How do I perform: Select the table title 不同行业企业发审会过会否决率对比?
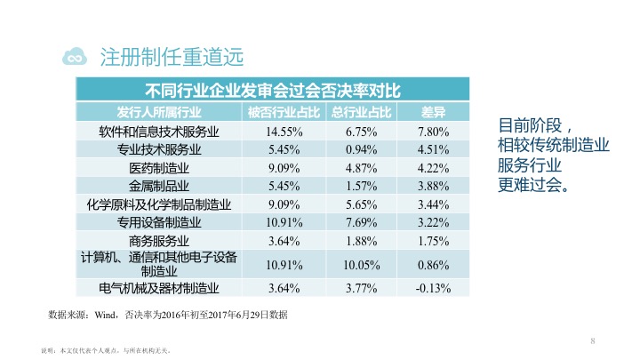pos(273,90)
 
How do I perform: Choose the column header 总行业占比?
pos(362,112)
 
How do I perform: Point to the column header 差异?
pos(432,112)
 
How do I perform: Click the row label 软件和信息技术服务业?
pos(159,132)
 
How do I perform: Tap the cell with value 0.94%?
pos(362,149)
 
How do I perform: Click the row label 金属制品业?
pos(159,186)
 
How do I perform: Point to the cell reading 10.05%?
pos(362,264)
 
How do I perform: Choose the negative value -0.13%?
pos(433,287)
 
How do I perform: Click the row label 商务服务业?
pos(159,240)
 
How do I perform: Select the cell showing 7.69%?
pos(362,222)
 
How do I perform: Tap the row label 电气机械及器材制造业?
pos(159,287)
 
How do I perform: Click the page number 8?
pos(591,340)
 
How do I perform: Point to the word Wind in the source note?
pos(105,315)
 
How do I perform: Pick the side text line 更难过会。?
pos(532,186)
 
